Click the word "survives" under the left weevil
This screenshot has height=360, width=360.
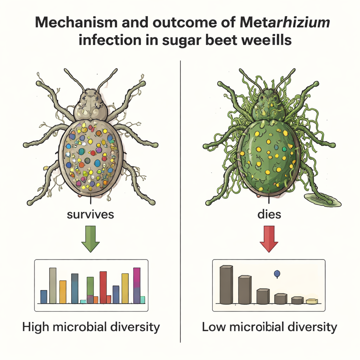tap(90, 214)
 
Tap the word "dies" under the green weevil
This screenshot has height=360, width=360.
tap(269, 214)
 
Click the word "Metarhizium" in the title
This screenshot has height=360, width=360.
tap(285, 24)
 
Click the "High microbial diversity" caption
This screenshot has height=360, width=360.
tap(91, 327)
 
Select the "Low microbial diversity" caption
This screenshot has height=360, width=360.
tap(270, 327)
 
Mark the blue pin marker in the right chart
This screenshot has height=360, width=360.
tap(277, 273)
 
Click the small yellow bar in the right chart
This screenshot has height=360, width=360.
tap(312, 301)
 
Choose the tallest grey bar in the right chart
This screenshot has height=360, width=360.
tap(226, 285)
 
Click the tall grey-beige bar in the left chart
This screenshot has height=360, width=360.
tap(53, 285)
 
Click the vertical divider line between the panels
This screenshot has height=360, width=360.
tap(180, 197)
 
